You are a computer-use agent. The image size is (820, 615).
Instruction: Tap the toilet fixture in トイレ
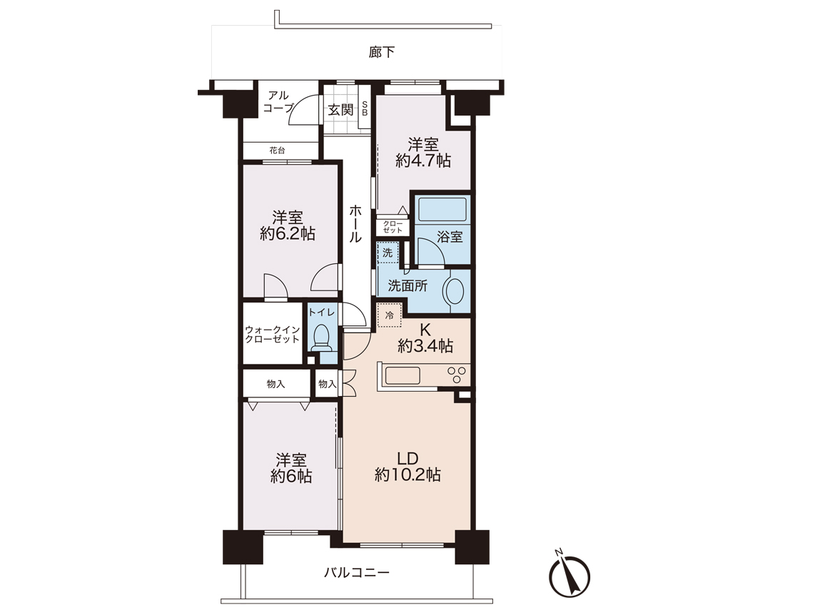coord(320,338)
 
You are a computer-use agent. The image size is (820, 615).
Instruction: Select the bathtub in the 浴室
coord(442,208)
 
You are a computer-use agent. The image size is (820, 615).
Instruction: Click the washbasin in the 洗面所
coord(453,291)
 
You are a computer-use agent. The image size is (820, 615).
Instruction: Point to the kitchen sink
coord(403,375)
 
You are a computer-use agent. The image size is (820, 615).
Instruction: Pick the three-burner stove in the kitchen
coord(457,375)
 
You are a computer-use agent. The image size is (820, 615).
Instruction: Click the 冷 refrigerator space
coord(390,315)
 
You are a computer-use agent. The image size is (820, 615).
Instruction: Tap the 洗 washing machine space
coord(388,253)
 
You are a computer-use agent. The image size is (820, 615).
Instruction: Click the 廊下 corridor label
coord(382,52)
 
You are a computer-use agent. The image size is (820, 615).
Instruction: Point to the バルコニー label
coord(357,572)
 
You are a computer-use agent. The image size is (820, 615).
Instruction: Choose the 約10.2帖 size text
coord(408,475)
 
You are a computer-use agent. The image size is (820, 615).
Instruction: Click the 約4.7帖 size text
coord(423,160)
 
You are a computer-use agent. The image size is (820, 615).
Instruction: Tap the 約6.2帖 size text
coord(288,233)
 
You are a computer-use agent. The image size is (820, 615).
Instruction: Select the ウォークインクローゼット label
coord(273,335)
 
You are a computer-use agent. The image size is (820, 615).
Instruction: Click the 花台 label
coord(277,150)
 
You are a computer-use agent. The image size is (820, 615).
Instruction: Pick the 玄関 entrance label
coord(341,110)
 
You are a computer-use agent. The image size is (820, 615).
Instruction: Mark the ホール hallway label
coord(355,223)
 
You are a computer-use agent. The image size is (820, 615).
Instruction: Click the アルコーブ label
coord(278,101)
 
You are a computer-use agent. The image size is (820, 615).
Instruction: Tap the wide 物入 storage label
coord(275,384)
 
